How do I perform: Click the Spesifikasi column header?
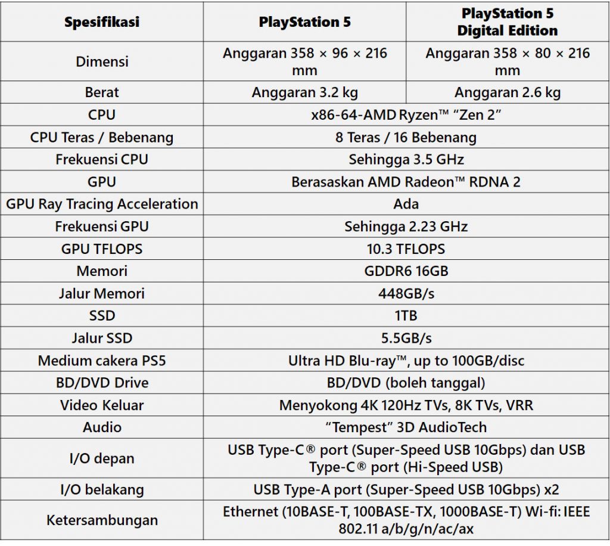(x=102, y=23)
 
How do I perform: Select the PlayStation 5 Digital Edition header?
(x=508, y=22)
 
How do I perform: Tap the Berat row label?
(x=102, y=92)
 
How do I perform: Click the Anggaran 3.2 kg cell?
(x=304, y=92)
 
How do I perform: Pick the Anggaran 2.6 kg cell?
(x=508, y=92)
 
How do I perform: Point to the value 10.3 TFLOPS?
(x=406, y=249)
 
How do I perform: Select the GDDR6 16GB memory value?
(x=406, y=271)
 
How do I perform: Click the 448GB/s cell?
(x=406, y=293)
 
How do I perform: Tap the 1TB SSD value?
(x=406, y=316)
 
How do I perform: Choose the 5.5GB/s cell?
(x=406, y=338)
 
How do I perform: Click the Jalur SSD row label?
(x=102, y=338)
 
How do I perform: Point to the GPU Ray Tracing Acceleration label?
(x=102, y=204)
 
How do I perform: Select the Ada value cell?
(x=406, y=204)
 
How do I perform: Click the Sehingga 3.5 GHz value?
(x=406, y=160)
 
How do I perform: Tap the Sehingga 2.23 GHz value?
(x=406, y=227)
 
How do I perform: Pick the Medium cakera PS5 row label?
(x=102, y=361)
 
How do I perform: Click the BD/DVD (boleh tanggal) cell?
(x=406, y=383)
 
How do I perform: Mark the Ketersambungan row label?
(x=102, y=520)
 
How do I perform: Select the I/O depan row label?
(x=102, y=458)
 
